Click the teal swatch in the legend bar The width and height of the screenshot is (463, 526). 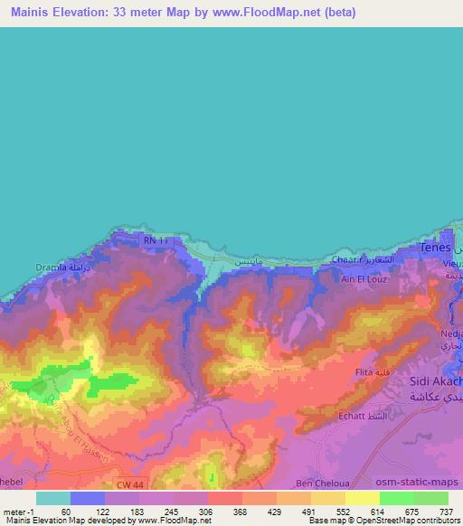pos(52,497)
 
